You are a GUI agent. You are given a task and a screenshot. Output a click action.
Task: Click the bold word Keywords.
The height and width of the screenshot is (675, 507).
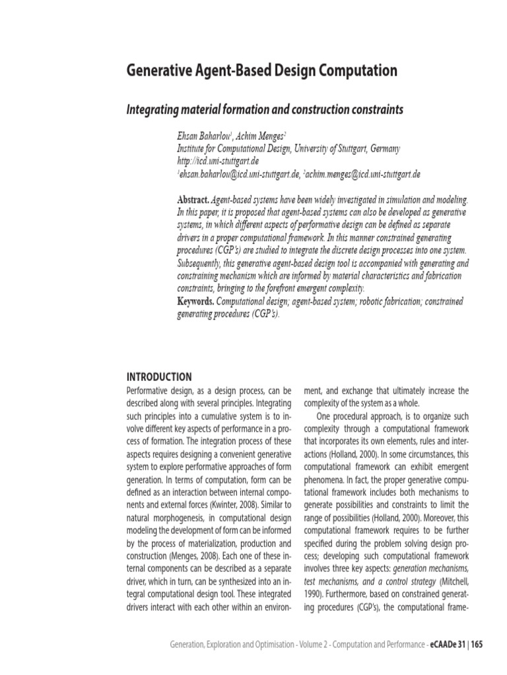pos(196,301)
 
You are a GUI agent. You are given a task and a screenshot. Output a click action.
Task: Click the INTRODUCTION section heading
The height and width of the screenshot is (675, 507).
pos(159,377)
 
